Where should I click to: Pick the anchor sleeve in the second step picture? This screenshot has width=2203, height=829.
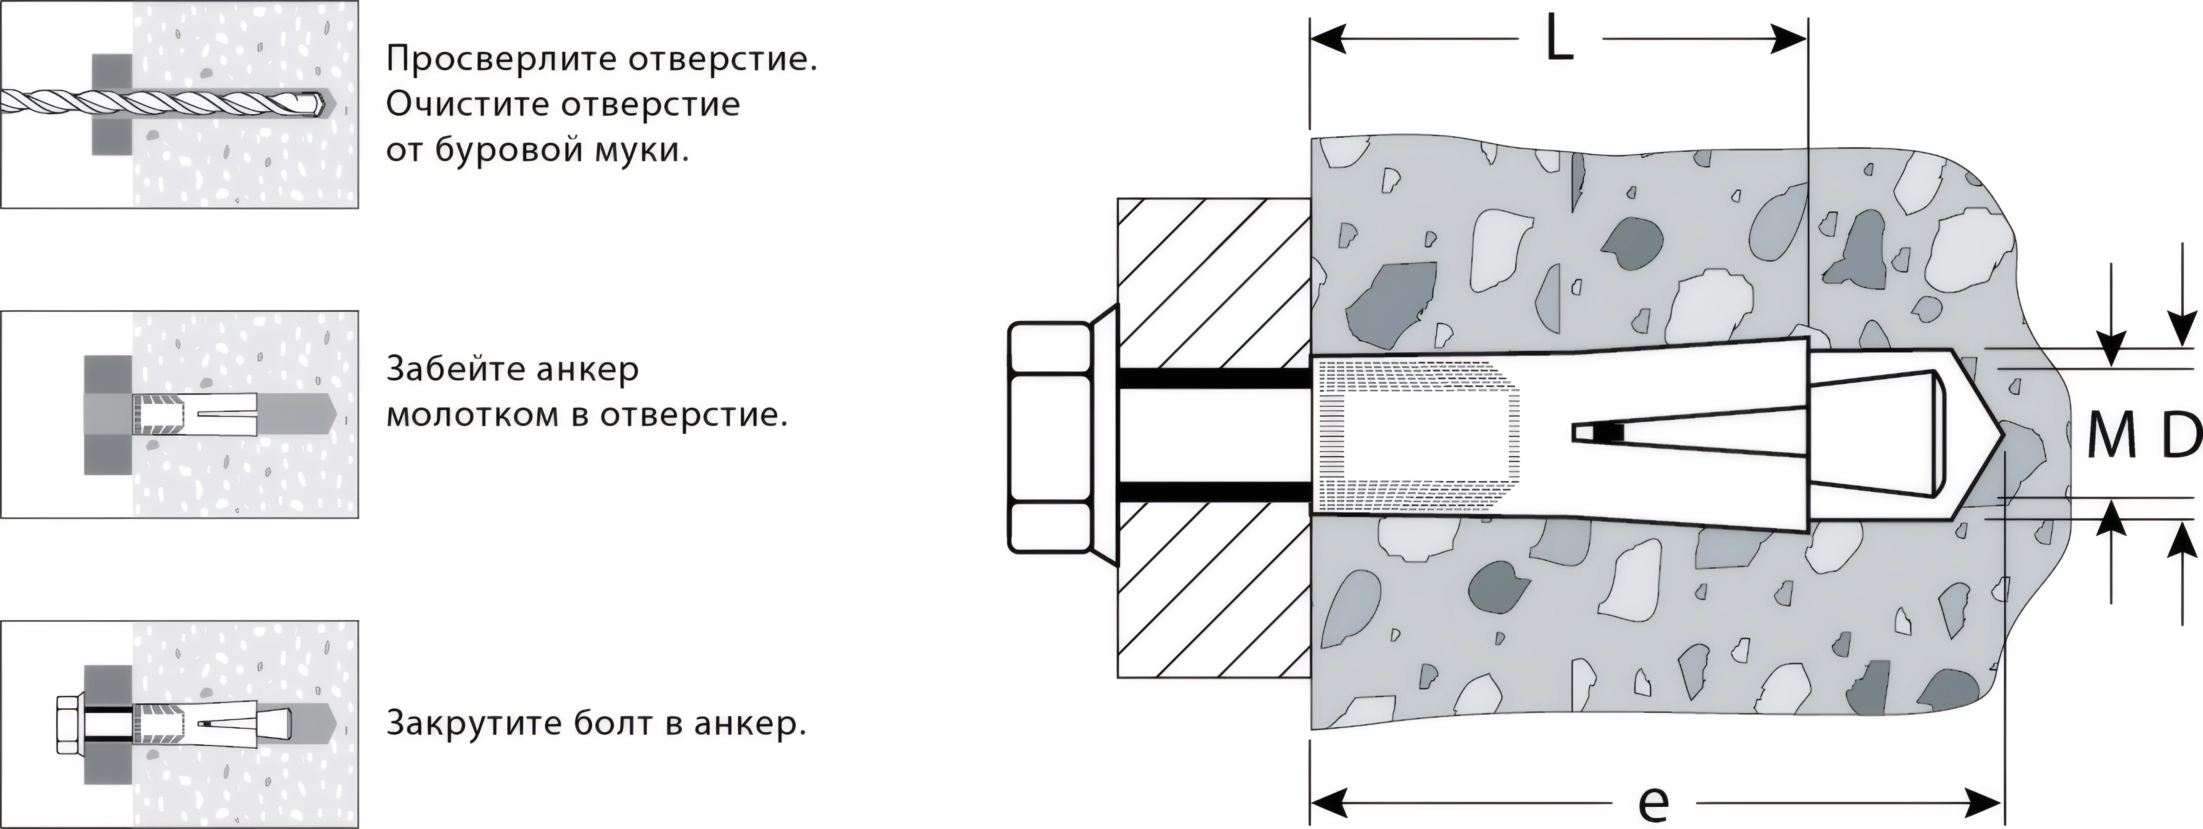[195, 414]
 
